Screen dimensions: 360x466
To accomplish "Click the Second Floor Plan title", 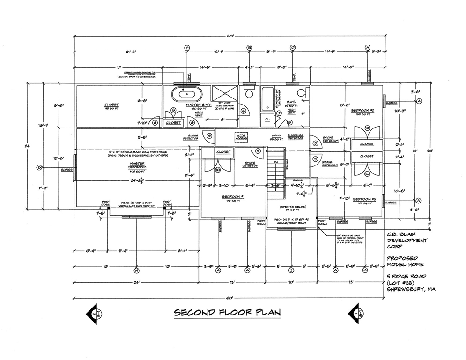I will point(227,313).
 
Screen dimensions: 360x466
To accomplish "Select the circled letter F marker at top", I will point(187,48).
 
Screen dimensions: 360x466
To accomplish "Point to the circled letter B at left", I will point(39,167).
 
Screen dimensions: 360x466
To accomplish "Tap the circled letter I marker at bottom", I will point(291,270).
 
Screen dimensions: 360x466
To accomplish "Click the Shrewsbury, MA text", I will point(411,289).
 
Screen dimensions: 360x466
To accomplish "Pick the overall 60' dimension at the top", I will point(229,36).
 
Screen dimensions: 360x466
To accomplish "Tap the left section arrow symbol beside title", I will point(96,313).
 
